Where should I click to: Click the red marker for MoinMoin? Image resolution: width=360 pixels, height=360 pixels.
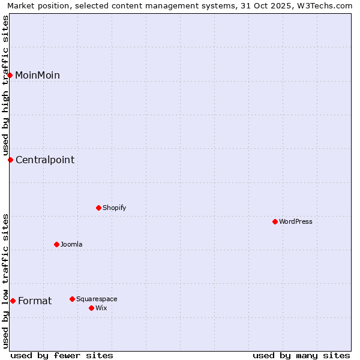point(10,75)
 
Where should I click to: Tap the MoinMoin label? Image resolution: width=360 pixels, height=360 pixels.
point(37,75)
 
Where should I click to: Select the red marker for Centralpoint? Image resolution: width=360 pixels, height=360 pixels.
point(10,160)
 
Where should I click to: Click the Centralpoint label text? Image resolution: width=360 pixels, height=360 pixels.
point(45,160)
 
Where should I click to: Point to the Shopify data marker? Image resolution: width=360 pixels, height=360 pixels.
point(98,208)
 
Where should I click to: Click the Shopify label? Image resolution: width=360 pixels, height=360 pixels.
point(114,208)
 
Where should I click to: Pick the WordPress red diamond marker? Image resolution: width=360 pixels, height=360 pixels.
point(275,221)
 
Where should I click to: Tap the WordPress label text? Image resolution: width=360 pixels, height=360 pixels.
point(295,221)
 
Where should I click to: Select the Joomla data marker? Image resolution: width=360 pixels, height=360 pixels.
point(56,244)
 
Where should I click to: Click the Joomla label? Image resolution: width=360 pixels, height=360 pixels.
point(71,244)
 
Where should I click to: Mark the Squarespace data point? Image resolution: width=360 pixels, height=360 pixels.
point(72,299)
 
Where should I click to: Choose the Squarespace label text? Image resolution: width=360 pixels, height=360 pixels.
point(97,299)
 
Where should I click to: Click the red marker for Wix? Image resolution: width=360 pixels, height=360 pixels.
point(91,308)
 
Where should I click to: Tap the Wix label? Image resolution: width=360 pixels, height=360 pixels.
point(101,308)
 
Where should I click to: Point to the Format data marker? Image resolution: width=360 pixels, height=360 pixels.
point(13,301)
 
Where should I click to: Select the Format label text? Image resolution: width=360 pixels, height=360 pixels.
point(35,301)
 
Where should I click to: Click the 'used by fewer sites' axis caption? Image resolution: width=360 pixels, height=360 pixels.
point(62,355)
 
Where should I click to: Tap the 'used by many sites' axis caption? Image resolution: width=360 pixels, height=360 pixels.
point(301,355)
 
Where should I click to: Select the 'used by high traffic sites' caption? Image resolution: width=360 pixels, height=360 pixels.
point(5,85)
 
